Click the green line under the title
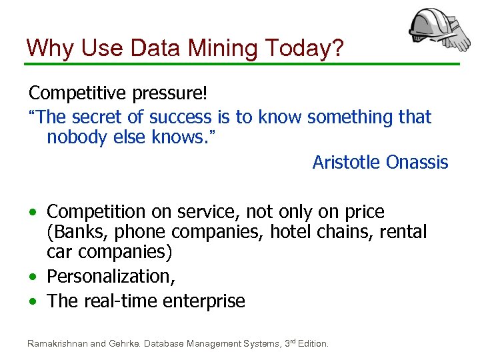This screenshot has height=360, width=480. click(x=240, y=64)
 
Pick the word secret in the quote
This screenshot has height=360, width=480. click(x=99, y=117)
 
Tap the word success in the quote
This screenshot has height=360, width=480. click(x=180, y=117)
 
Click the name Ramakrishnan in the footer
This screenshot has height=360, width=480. click(x=57, y=344)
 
